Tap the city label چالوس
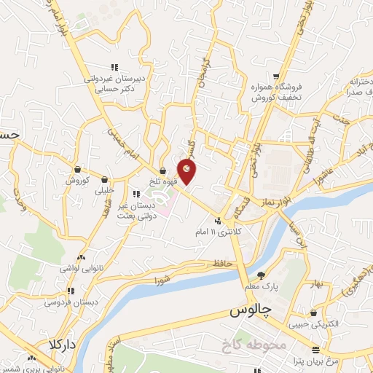(x=250, y=311)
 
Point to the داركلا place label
(x=63, y=343)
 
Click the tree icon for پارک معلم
(x=262, y=275)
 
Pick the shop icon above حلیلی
(x=105, y=178)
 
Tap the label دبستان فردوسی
(x=63, y=302)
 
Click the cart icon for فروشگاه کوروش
(x=276, y=75)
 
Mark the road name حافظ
(x=223, y=263)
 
